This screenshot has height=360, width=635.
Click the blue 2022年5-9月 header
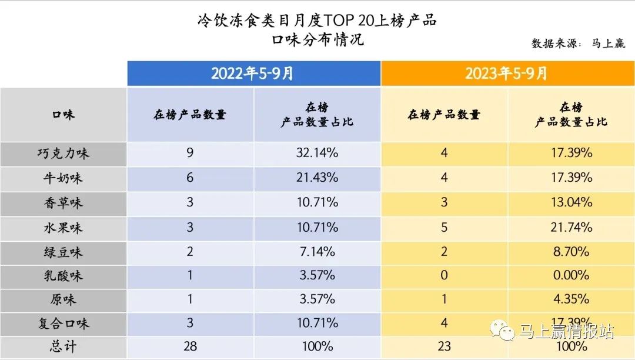pos(253,74)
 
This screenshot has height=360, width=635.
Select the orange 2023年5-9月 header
pos(507,74)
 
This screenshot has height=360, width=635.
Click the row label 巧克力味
pos(63,154)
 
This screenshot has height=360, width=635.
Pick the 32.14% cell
pos(317,154)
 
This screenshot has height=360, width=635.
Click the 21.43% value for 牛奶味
pos(317,178)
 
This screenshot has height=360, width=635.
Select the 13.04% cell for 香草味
pos(570,202)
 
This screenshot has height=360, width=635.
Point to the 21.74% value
pos(570,227)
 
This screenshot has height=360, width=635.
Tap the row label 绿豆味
pos(63,252)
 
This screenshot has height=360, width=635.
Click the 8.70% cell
pos(570,252)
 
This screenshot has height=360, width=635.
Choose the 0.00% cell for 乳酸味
pos(570,275)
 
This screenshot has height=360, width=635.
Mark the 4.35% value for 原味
pos(570,299)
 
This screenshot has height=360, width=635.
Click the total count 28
pos(190,346)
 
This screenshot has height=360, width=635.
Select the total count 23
pos(444,346)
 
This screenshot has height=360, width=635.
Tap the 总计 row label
pos(63,346)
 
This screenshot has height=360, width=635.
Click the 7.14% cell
pos(317,252)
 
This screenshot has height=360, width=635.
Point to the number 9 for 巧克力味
pos(190,154)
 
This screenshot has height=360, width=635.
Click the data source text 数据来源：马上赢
pos(579,44)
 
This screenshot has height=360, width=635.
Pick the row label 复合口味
pos(63,324)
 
